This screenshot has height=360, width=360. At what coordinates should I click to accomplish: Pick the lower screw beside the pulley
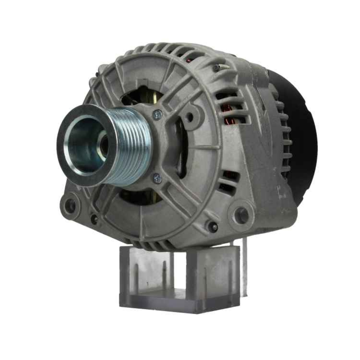coord(157,177)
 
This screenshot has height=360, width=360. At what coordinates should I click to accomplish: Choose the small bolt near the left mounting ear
coord(94,219)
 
